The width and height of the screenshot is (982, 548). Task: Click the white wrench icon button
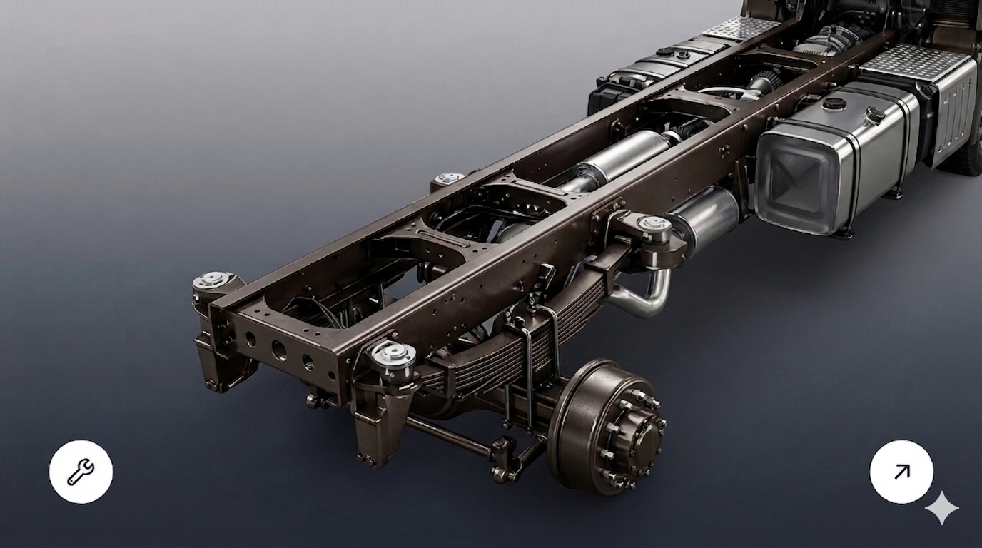[81, 472]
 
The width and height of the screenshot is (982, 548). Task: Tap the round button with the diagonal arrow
[901, 472]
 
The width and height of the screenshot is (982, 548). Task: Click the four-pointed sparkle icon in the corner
[942, 508]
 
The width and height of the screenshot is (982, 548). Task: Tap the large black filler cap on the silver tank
[834, 103]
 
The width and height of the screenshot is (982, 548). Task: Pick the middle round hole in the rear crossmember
[278, 350]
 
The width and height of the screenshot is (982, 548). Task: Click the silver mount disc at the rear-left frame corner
[212, 280]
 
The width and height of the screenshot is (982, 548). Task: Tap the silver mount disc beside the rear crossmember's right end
[393, 353]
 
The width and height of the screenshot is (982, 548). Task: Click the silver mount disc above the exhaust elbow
[654, 225]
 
